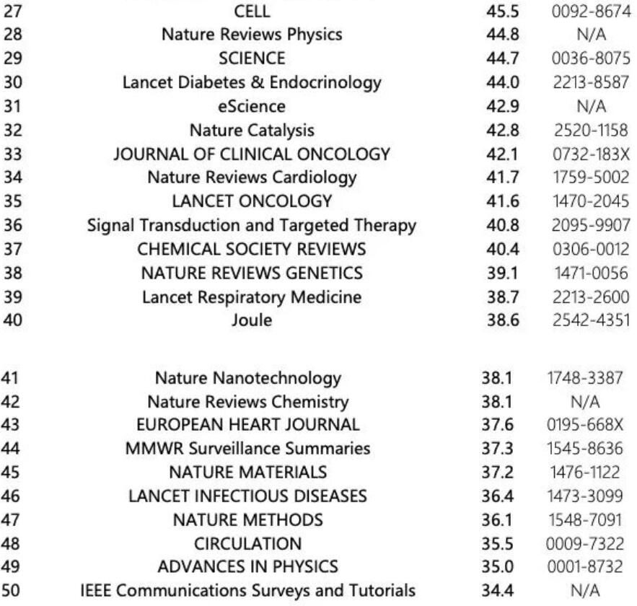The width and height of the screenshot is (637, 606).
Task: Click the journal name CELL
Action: coord(251,12)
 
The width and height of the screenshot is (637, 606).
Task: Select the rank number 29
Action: coord(13,58)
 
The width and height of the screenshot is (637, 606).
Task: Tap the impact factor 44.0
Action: coord(504,82)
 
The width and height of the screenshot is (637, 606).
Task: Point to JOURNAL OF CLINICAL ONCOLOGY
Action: coord(251,154)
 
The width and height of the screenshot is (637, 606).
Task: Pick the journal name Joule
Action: coord(251,320)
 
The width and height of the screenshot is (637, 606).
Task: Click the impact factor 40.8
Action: coord(504,225)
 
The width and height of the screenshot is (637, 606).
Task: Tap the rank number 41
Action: coord(13,377)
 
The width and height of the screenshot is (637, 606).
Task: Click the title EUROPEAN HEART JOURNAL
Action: coord(251,425)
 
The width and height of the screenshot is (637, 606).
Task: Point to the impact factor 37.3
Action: coord(497,449)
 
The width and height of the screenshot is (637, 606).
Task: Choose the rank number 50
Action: coord(13,592)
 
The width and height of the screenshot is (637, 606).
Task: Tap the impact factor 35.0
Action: coord(497,568)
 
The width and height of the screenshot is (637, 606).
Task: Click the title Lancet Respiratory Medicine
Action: coord(251,297)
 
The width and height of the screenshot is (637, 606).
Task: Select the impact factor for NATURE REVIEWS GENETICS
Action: coord(504,273)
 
